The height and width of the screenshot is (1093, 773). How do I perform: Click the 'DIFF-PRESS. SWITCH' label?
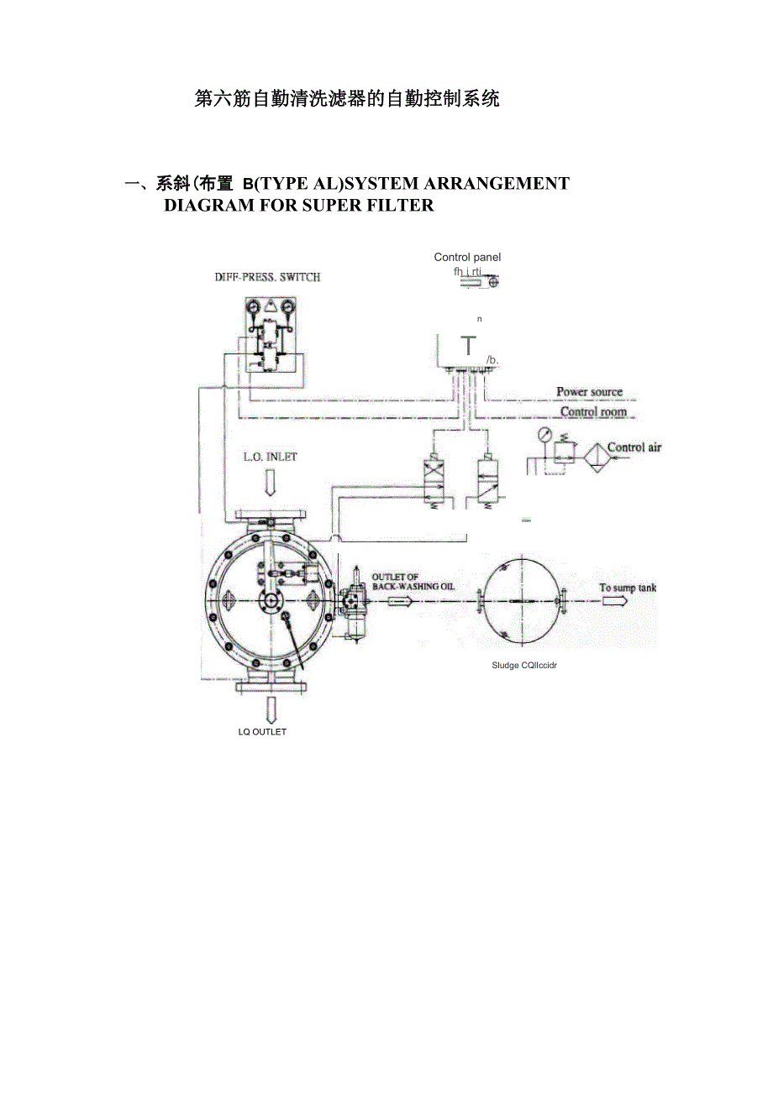[266, 277]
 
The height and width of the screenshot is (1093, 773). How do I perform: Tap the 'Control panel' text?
[467, 257]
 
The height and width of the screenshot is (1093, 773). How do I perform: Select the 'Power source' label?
[589, 391]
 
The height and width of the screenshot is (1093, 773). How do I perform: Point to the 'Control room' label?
[592, 411]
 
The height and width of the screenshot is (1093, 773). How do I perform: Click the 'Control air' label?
[634, 447]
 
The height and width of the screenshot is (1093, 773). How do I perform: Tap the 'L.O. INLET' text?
[270, 457]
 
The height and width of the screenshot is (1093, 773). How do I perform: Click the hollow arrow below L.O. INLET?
[270, 483]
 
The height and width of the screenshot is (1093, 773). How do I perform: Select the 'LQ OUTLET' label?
[262, 732]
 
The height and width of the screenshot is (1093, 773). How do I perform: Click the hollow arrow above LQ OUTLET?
[271, 710]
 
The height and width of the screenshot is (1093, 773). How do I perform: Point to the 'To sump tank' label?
[627, 588]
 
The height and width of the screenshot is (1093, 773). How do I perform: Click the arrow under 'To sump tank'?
[613, 601]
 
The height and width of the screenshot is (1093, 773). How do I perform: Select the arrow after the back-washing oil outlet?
[399, 601]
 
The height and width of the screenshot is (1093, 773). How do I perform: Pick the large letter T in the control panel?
[468, 346]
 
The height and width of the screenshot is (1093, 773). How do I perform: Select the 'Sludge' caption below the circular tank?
[505, 665]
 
